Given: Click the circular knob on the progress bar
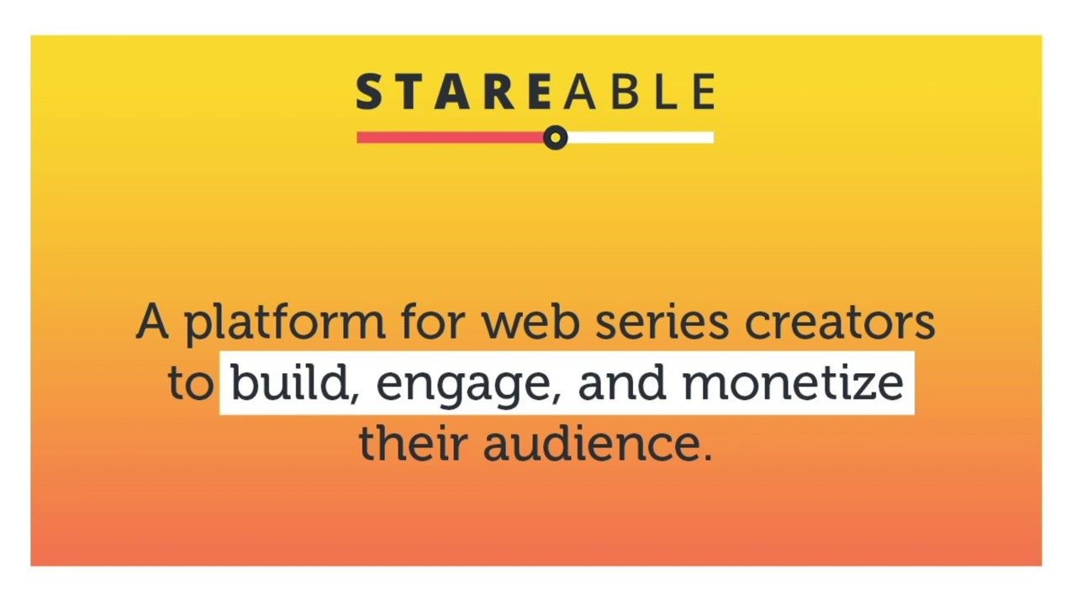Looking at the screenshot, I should pos(555,138).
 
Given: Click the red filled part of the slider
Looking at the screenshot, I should pos(450,138).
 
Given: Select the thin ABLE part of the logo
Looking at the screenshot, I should pos(640,92).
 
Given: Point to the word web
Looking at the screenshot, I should pos(530,322).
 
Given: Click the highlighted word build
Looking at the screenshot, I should pos(289,383).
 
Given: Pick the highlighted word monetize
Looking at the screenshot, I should pos(792,383).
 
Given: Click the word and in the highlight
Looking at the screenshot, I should pos(621,383).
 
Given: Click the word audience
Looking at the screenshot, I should pos(590,443).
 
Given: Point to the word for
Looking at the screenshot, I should pos(432,322).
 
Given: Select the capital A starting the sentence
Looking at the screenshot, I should pos(151,322).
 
